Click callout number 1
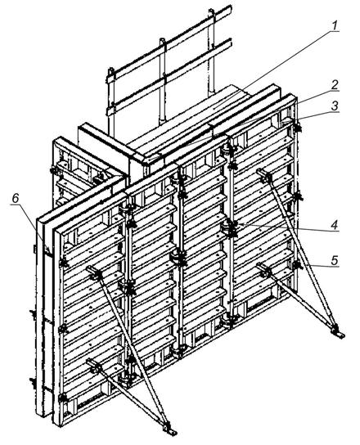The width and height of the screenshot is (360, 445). click(335, 25)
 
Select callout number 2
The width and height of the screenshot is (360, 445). click(335, 85)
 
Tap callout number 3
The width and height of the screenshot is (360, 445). click(335, 106)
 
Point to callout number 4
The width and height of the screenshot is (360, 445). click(335, 225)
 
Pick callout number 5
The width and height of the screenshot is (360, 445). click(335, 260)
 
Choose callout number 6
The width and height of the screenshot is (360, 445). click(16, 199)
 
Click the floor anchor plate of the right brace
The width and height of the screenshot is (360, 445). click(339, 334)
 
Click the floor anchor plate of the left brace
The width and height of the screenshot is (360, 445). click(170, 430)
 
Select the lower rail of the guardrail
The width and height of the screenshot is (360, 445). click(169, 77)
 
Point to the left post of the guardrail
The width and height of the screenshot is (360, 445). click(111, 102)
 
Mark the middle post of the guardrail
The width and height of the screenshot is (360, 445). click(162, 81)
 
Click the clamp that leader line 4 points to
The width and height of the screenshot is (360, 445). click(231, 228)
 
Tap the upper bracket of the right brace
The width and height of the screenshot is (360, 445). click(264, 175)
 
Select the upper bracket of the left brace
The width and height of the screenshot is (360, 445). click(95, 272)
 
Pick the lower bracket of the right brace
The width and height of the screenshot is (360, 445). click(264, 270)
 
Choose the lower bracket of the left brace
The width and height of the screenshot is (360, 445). click(95, 366)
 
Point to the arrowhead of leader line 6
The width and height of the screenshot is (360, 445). click(50, 252)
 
